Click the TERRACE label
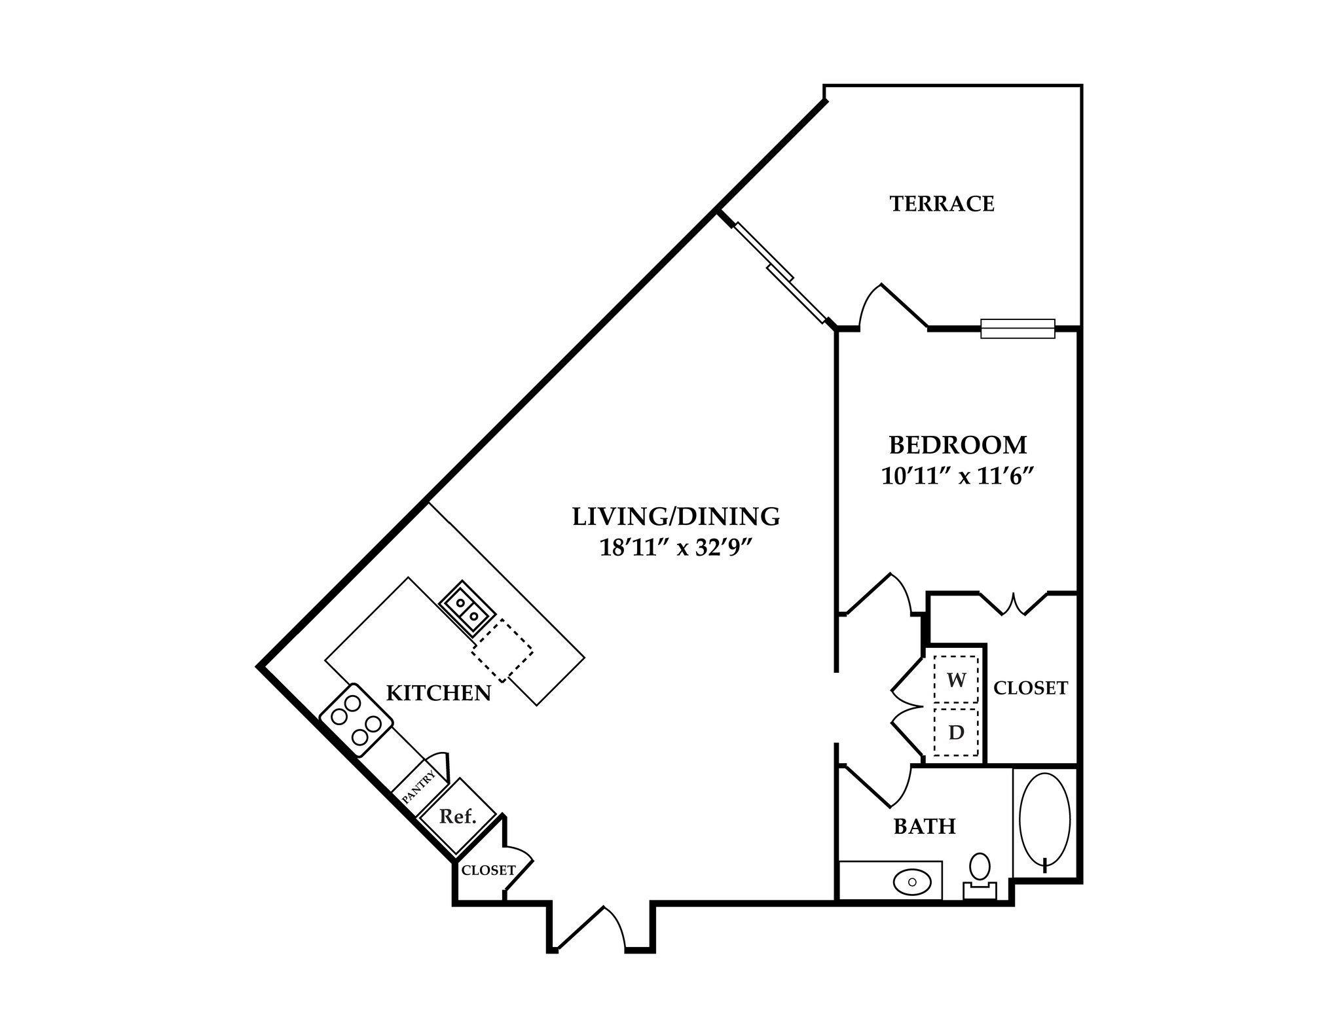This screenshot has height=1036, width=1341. (x=942, y=204)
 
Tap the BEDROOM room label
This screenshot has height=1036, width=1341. (x=957, y=445)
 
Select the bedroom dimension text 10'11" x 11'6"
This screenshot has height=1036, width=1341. (x=957, y=476)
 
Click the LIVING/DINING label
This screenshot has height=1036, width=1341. (x=676, y=516)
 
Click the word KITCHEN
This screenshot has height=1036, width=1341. (x=438, y=693)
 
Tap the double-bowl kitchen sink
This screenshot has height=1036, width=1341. (x=467, y=609)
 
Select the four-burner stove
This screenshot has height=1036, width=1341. (x=356, y=720)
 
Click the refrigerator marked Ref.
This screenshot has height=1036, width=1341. (x=457, y=817)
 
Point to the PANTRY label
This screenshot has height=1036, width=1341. (x=418, y=788)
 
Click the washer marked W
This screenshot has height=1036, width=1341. (x=956, y=680)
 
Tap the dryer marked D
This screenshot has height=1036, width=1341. (x=956, y=732)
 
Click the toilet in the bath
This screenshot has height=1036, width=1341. (x=980, y=874)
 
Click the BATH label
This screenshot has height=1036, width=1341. (x=925, y=827)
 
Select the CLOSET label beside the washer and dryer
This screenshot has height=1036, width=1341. (x=1030, y=688)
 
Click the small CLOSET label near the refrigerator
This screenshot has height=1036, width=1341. (x=488, y=870)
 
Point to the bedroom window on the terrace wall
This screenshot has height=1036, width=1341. (x=1017, y=329)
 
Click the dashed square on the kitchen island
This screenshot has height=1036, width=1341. (x=502, y=651)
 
